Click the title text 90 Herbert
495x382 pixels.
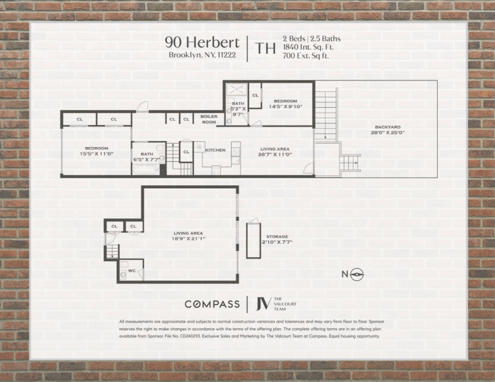click(202, 42)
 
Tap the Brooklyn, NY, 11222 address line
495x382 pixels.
click(202, 55)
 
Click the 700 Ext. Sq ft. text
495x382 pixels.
click(306, 56)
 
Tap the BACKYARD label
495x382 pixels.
click(387, 127)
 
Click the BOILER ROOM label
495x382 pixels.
click(209, 119)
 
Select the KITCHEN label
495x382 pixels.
click(215, 150)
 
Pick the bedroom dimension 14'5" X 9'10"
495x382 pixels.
click(285, 107)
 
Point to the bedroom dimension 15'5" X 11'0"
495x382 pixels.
click(97, 154)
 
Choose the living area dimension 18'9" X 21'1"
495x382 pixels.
click(188, 239)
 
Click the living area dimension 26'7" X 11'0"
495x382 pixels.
click(275, 154)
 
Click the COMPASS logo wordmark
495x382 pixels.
click(212, 304)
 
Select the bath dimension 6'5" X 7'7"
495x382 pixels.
click(147, 159)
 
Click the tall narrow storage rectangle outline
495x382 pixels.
click(252, 238)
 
